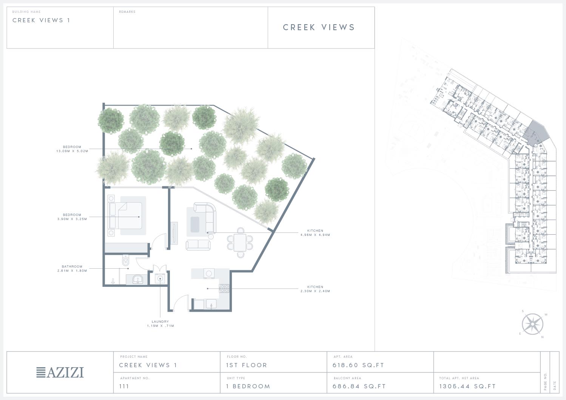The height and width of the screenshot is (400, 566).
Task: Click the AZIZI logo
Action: [x=60, y=372]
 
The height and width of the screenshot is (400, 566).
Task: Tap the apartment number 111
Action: [x=124, y=386]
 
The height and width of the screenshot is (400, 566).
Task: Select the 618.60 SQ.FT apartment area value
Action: [x=358, y=365]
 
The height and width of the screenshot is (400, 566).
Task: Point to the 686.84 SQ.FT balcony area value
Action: [x=359, y=386]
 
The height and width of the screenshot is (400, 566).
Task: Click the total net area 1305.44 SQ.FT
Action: [x=467, y=386]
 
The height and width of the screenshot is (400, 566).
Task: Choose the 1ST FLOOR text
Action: [x=246, y=365]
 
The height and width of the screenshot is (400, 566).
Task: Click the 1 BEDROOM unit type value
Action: [x=248, y=386]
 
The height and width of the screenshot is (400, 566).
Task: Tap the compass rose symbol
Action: [x=533, y=324]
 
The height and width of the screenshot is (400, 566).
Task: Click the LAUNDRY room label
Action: [x=160, y=322]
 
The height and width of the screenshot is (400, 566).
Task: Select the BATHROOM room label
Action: [x=72, y=266]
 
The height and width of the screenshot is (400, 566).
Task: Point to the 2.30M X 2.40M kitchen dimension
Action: [x=315, y=291]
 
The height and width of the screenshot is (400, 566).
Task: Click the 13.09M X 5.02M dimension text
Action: [x=72, y=151]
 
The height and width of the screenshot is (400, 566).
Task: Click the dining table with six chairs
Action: [x=240, y=242]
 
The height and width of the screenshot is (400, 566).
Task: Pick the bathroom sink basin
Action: [x=138, y=280]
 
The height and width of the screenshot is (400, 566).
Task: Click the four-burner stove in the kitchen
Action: [x=224, y=288]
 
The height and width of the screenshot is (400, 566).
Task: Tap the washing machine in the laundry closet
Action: [x=160, y=278]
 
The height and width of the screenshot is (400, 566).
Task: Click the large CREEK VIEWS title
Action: [x=319, y=27]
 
